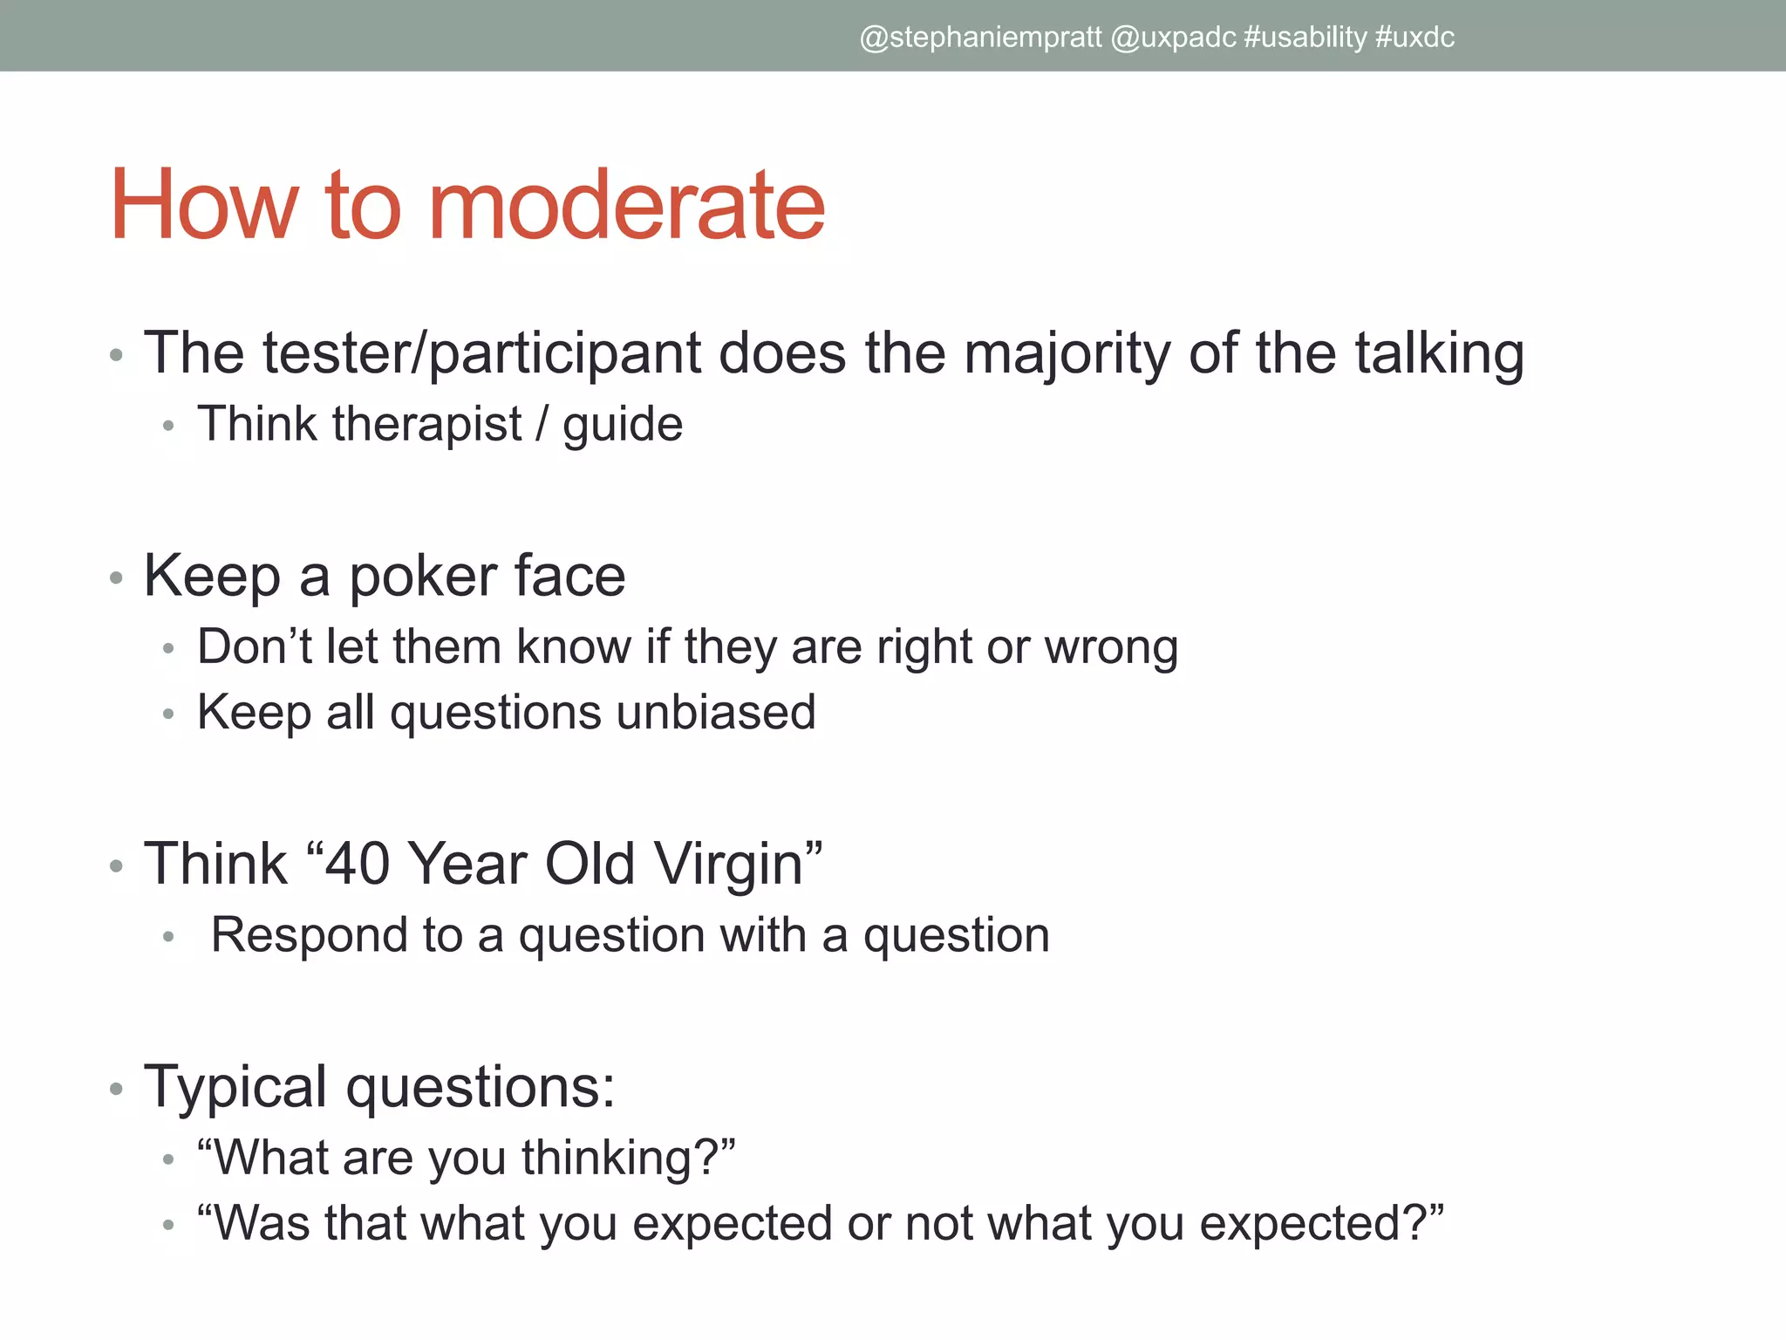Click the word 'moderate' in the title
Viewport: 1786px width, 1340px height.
click(626, 206)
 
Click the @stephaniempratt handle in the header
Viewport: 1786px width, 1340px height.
click(980, 38)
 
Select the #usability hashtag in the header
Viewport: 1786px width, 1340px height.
click(1305, 38)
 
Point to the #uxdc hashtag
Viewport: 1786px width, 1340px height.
click(1414, 38)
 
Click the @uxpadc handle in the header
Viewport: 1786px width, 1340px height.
click(1173, 38)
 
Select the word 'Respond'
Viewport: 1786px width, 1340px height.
click(310, 935)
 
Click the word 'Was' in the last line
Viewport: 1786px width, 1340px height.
click(261, 1223)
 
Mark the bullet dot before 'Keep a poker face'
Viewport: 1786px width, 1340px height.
click(117, 578)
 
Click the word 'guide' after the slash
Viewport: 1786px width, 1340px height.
click(622, 426)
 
